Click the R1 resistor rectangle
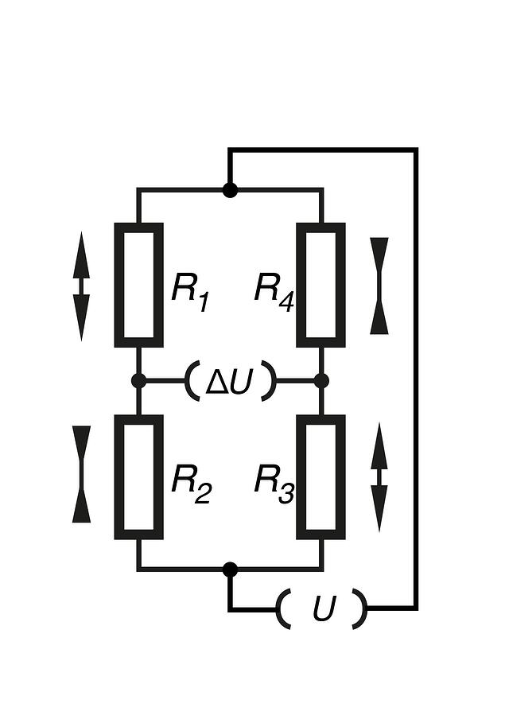(119, 285)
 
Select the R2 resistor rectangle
(119, 477)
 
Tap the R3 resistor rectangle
(301, 477)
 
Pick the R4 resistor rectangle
(301, 285)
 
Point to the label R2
(191, 484)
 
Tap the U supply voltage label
(323, 608)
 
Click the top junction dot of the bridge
(230, 189)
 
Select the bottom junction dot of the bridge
(230, 570)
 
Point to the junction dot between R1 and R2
(138, 381)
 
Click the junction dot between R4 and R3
(321, 381)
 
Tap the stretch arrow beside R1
(81, 286)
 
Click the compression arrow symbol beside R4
(379, 286)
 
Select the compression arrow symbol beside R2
(82, 474)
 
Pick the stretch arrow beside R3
(379, 477)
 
